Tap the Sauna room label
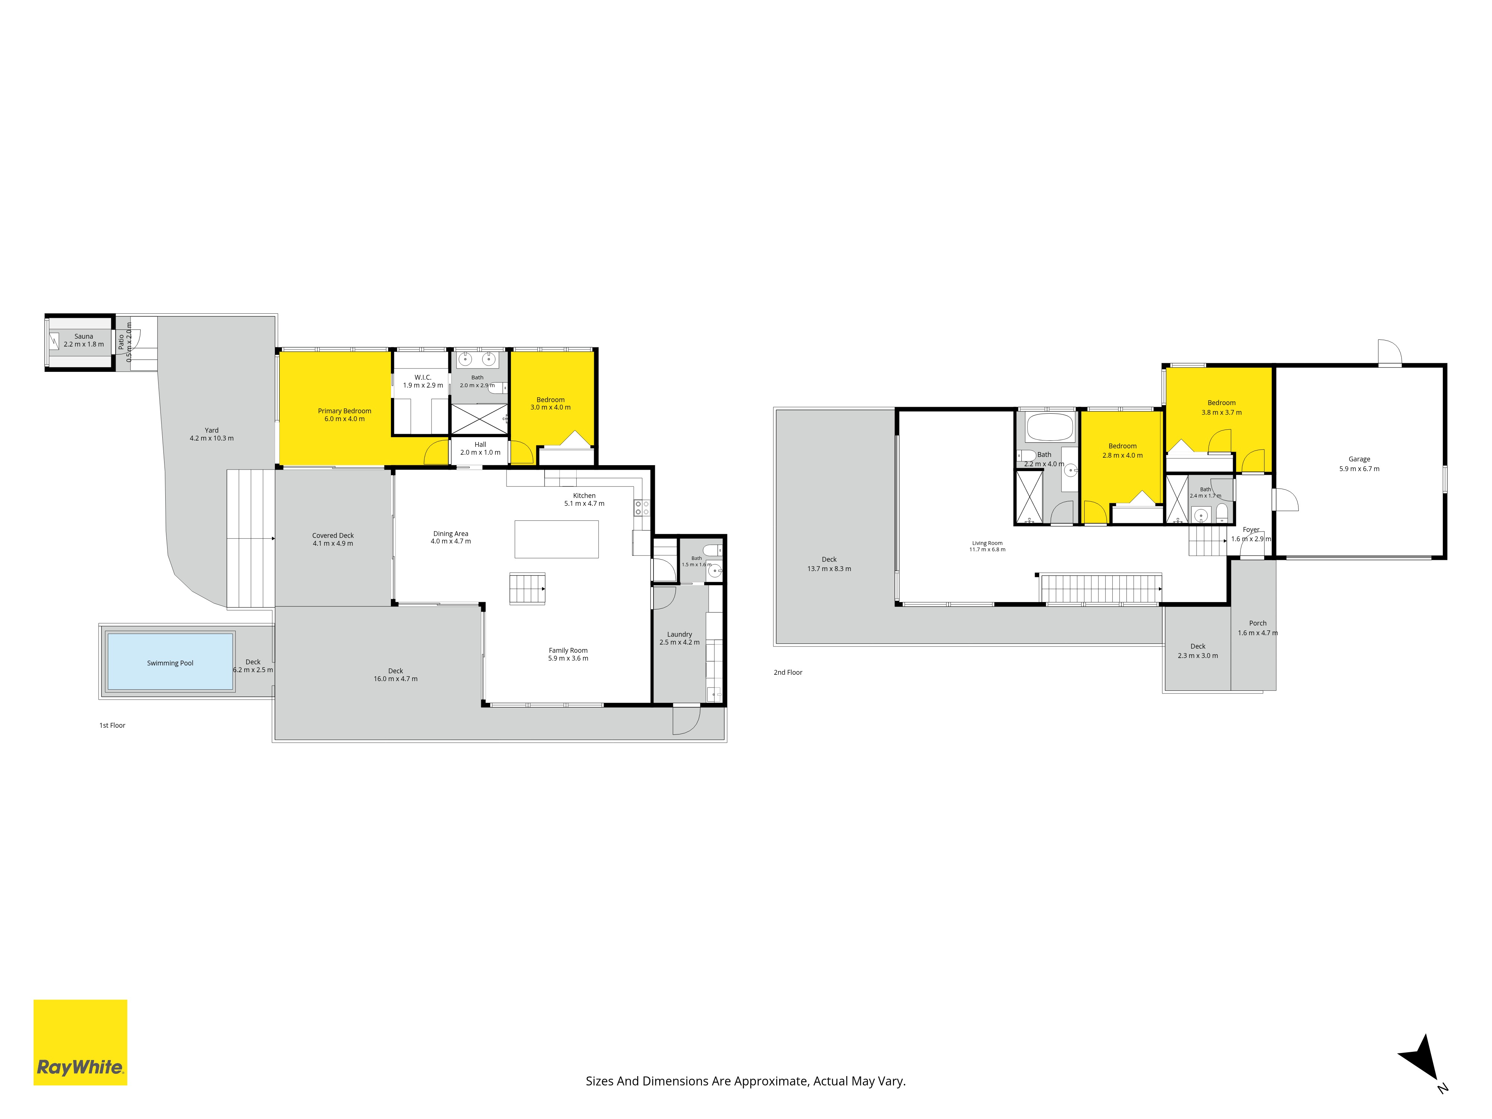point(84,336)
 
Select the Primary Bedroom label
point(345,411)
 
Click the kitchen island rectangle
point(557,539)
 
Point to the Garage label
point(1359,459)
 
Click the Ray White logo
point(80,1042)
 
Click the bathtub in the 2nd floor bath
point(1049,427)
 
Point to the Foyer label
point(1251,530)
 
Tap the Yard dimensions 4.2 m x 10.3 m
point(212,438)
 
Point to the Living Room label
point(987,543)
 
